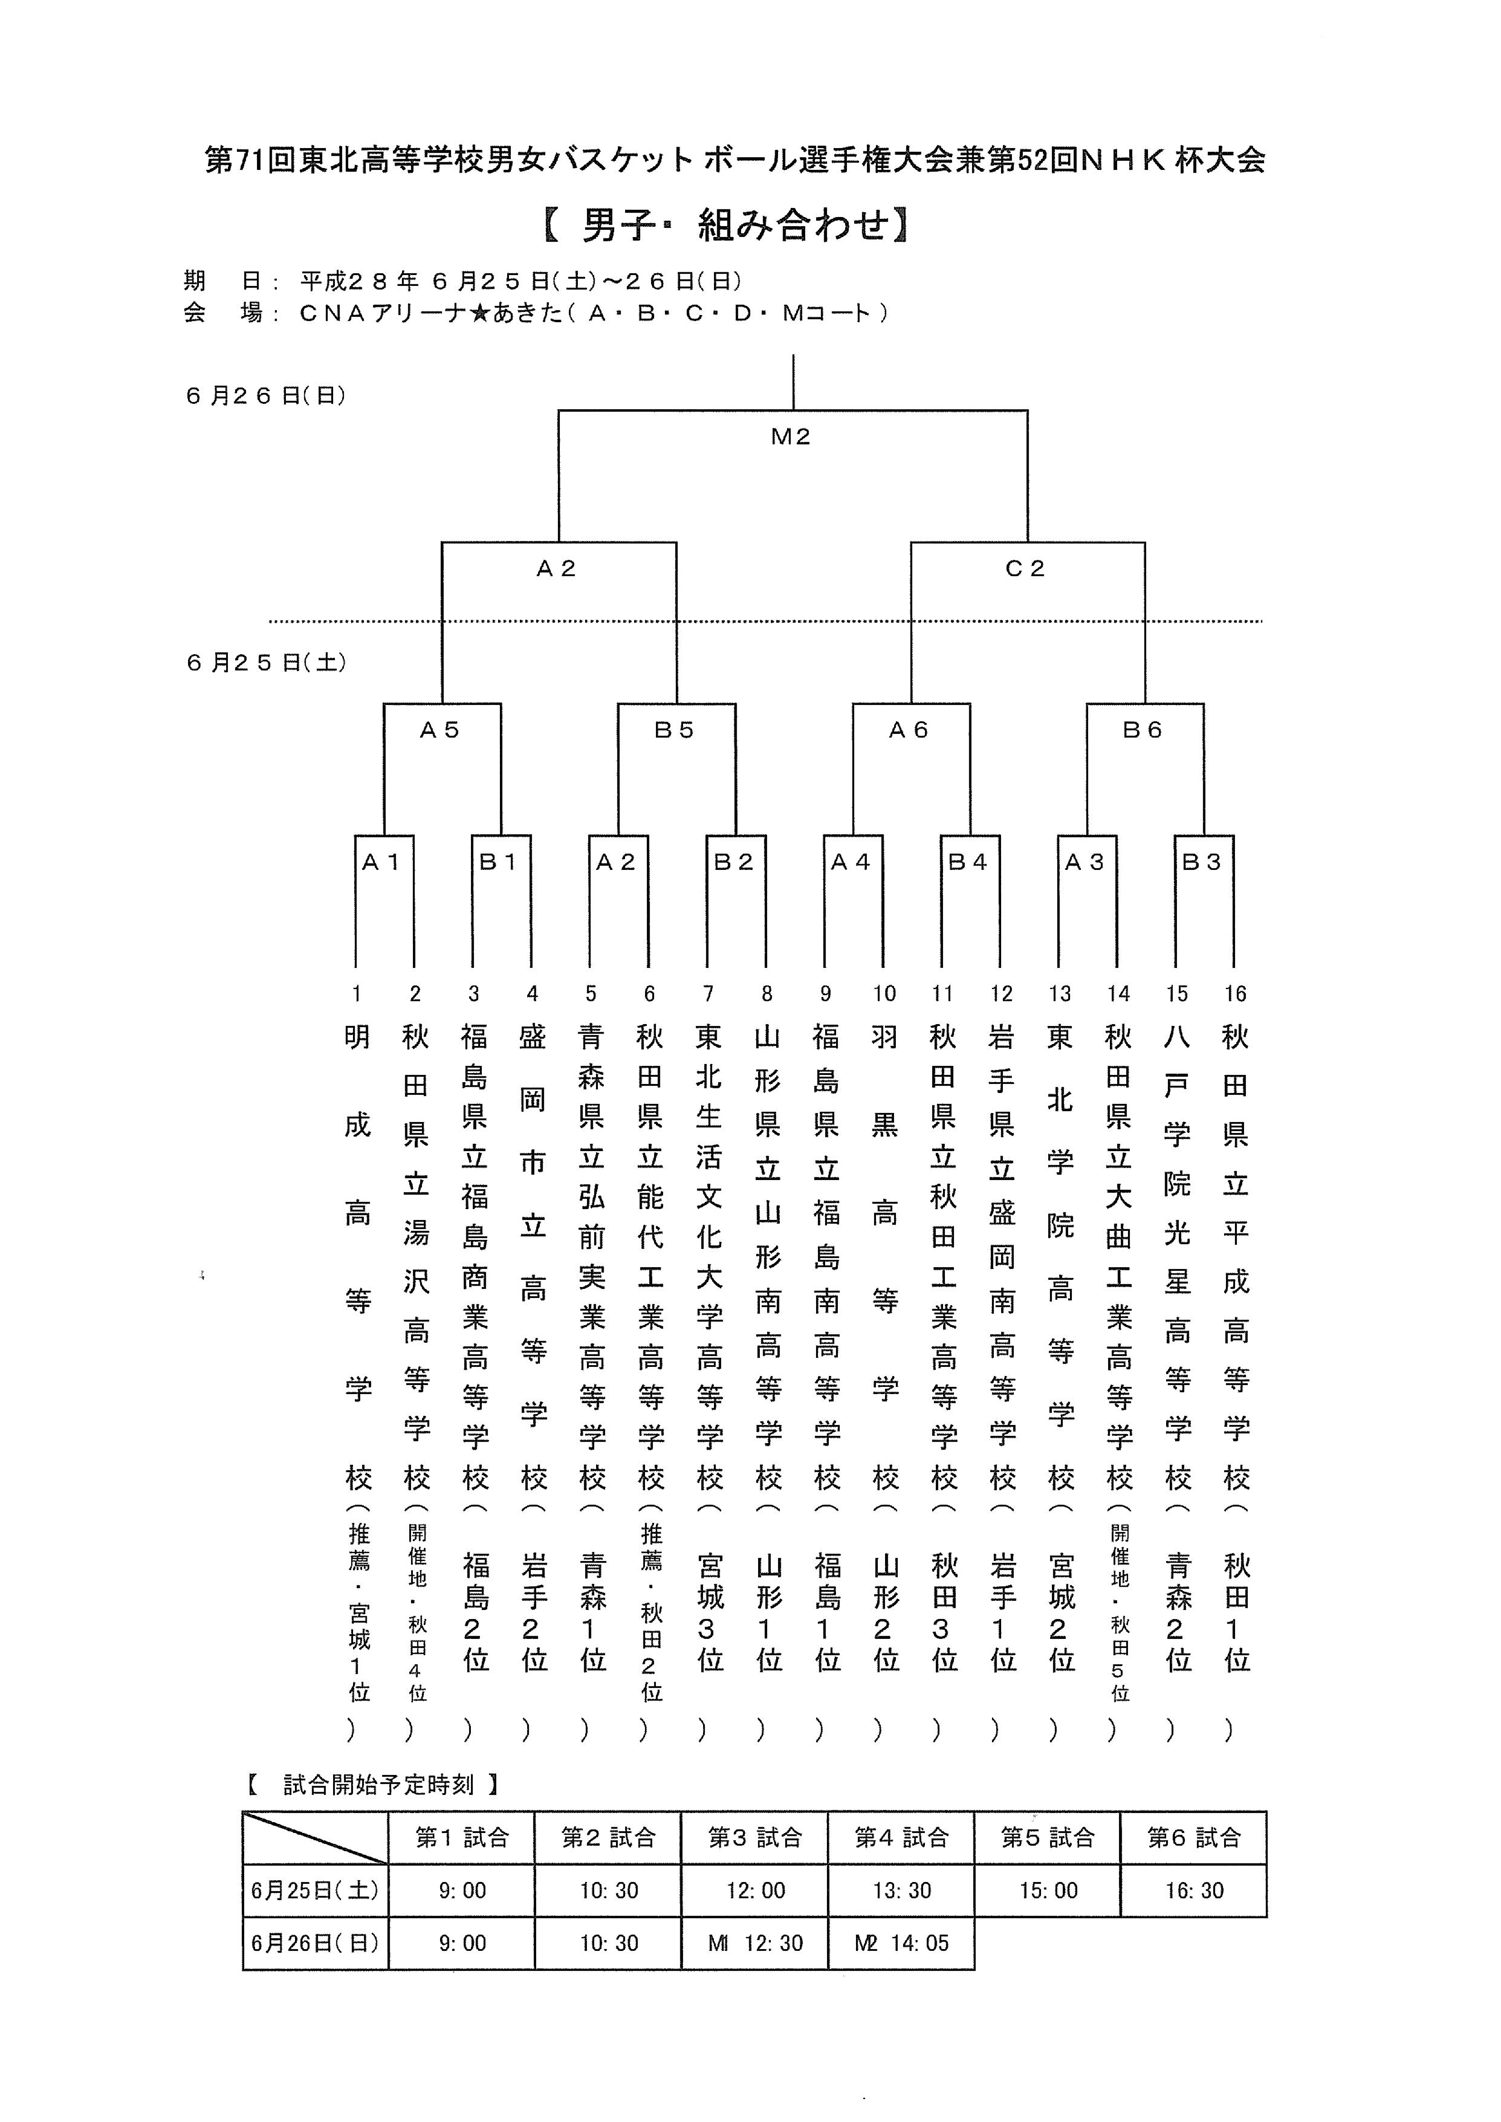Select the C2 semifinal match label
point(1025,568)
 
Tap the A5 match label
point(440,730)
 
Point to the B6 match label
point(1143,730)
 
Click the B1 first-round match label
point(498,862)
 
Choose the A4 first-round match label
point(851,862)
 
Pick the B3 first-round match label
point(1202,862)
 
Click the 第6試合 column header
point(1193,1837)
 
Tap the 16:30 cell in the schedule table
point(1193,1890)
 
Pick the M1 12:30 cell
point(754,1942)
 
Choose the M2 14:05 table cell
point(901,1942)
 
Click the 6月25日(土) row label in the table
point(315,1890)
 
